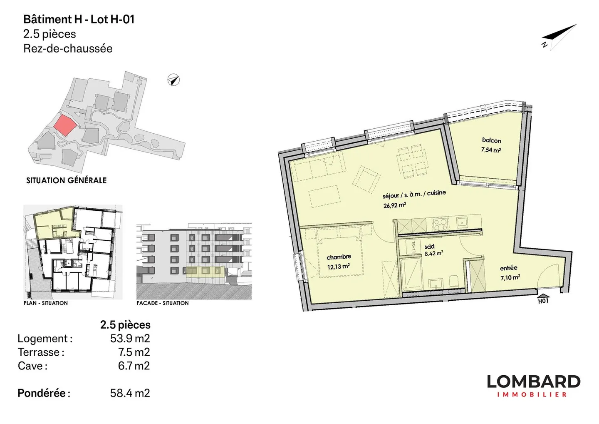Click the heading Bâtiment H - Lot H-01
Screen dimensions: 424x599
[x=79, y=20]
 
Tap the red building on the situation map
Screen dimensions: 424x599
[x=65, y=125]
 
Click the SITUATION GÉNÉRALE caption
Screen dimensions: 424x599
[x=67, y=180]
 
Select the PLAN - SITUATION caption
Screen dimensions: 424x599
[x=46, y=303]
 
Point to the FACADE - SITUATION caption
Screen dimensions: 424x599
[x=162, y=303]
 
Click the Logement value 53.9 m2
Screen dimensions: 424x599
[x=130, y=338]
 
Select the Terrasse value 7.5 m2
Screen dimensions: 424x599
[x=134, y=352]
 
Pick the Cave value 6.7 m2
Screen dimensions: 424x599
[x=134, y=366]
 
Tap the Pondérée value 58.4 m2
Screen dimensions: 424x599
[x=130, y=393]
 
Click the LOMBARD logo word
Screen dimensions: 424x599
[x=533, y=382]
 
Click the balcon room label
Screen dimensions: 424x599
[x=491, y=140]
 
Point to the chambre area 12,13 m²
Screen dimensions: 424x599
[x=338, y=267]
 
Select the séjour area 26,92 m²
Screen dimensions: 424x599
[x=394, y=205]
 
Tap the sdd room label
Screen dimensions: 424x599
[x=429, y=247]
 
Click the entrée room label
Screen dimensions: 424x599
[x=508, y=268]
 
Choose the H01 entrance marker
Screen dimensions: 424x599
[x=543, y=300]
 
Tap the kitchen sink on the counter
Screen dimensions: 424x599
[x=462, y=222]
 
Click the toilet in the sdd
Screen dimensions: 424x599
[x=454, y=282]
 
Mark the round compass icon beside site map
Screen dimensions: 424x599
[x=173, y=80]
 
